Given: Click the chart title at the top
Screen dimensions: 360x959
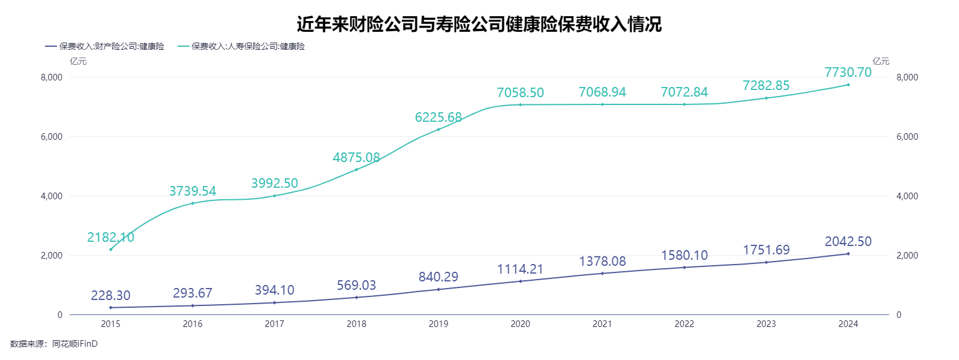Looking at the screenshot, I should click(479, 24).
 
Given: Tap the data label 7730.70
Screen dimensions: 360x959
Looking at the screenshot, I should click(848, 73).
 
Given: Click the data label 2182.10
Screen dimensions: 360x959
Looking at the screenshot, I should click(110, 238).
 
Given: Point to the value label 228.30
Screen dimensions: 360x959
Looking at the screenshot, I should click(110, 295).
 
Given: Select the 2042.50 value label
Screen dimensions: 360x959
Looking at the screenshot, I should click(848, 241).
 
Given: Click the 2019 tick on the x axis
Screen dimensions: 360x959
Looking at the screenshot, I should click(438, 324).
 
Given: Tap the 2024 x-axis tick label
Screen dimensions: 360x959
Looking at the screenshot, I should click(848, 324).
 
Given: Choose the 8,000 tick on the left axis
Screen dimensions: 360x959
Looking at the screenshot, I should click(52, 77).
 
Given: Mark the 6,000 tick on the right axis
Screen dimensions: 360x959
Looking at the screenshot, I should click(907, 137).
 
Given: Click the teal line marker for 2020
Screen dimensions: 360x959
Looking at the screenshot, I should click(521, 105).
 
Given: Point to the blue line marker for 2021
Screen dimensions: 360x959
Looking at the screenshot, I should click(602, 274).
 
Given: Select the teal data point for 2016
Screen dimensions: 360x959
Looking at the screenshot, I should click(193, 203).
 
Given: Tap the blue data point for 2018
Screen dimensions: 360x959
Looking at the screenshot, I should click(356, 298).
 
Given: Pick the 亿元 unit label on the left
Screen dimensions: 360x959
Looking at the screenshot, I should click(78, 61).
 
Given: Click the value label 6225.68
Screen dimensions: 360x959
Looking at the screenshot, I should click(438, 118).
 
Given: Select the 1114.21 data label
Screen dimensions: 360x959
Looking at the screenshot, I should click(521, 269).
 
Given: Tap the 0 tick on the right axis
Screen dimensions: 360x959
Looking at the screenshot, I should click(898, 315).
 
